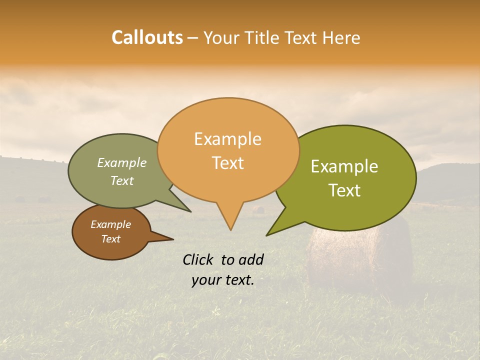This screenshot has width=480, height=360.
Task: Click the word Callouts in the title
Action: [x=147, y=37]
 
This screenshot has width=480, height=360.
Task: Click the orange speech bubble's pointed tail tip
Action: [x=230, y=230]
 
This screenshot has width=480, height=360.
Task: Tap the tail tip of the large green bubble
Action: [x=267, y=235]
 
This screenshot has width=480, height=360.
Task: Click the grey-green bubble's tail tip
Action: [x=190, y=211]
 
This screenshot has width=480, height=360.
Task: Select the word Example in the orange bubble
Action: [x=227, y=139]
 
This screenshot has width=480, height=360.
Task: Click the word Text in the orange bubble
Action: [x=227, y=163]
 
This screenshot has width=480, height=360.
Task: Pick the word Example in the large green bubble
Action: [x=344, y=166]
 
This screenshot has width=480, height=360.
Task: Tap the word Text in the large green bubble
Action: [x=344, y=190]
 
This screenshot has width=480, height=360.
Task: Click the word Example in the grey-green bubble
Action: [x=122, y=163]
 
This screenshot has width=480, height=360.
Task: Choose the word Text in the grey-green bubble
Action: [x=122, y=180]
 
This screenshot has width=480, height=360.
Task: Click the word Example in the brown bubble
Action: [x=111, y=224]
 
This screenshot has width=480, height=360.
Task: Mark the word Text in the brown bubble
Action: [x=111, y=239]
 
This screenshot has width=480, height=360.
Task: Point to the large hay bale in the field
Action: [x=360, y=255]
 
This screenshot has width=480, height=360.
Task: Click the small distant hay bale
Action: [x=258, y=209]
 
